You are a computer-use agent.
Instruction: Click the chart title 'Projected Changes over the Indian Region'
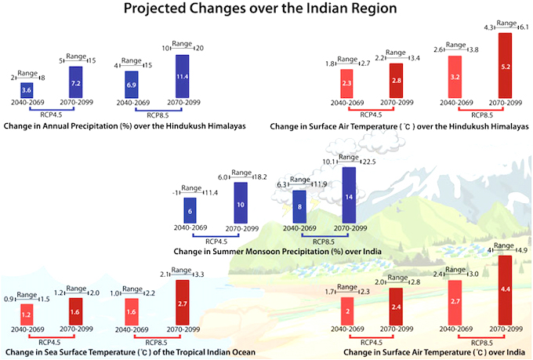coord(266,10)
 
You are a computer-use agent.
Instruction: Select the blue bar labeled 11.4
coord(182,76)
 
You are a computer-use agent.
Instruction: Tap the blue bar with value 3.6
coord(26,91)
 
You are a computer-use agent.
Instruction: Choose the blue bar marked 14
coord(349,196)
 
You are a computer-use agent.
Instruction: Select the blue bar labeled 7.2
coord(75,82)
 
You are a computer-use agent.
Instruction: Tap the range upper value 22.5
coord(368,162)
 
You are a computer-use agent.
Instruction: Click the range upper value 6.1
coord(522,27)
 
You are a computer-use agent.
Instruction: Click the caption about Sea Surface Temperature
coord(129,352)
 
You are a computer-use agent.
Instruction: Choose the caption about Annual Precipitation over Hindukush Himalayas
coord(125,125)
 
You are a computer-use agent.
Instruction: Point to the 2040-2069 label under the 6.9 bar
coord(131,102)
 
